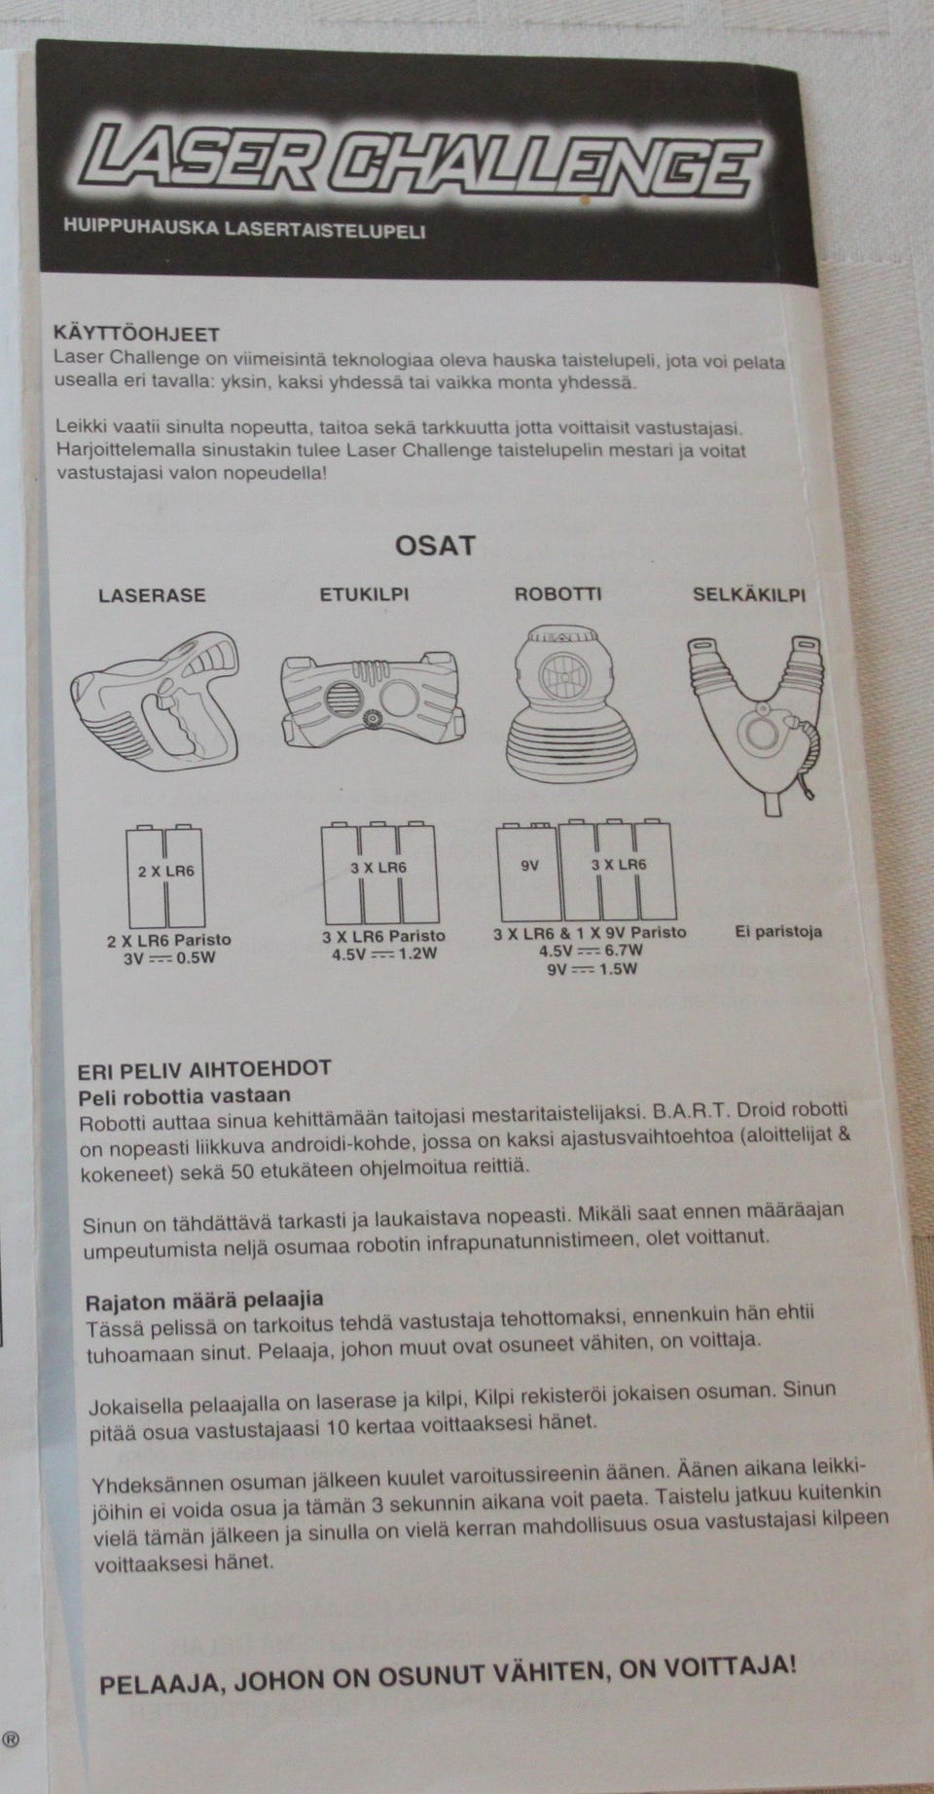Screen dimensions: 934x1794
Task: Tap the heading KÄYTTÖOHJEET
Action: [137, 335]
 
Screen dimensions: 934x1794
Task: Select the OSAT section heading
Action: [435, 545]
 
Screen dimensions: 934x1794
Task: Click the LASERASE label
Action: [152, 594]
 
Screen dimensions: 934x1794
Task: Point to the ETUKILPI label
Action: [364, 593]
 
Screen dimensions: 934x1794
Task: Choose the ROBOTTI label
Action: [557, 593]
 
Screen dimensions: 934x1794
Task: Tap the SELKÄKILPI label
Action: [749, 593]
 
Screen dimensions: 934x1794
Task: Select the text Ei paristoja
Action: [777, 931]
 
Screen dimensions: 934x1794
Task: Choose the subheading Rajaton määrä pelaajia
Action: [204, 1301]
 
